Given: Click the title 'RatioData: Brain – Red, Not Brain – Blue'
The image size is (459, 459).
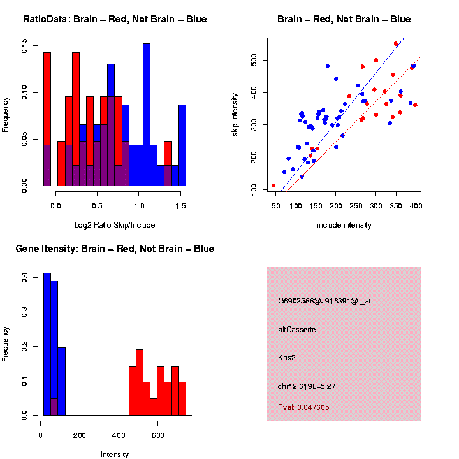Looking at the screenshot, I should pyautogui.click(x=115, y=19).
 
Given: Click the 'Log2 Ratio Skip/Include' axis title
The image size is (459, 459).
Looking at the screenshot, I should pyautogui.click(x=115, y=224).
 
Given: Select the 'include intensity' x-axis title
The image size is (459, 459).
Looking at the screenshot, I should pyautogui.click(x=344, y=225).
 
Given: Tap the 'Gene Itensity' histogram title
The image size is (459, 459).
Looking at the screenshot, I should pyautogui.click(x=115, y=249).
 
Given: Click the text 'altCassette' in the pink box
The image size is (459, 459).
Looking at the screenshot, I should pyautogui.click(x=297, y=330).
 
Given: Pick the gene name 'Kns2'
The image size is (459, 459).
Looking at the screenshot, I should pyautogui.click(x=287, y=358).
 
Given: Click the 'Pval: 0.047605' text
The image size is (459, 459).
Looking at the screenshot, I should pyautogui.click(x=304, y=407).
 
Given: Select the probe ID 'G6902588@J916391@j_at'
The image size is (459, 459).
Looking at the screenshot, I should pyautogui.click(x=324, y=301).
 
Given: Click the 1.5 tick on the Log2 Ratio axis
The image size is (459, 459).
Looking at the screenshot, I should pyautogui.click(x=180, y=205).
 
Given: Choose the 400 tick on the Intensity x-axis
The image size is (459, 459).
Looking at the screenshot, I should pyautogui.click(x=118, y=435).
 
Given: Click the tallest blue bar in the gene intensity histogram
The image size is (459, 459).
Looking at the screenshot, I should pyautogui.click(x=47, y=344).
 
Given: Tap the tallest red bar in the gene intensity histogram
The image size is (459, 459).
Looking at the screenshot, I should pyautogui.click(x=140, y=382).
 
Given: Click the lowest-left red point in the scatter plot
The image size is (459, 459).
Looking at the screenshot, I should pyautogui.click(x=273, y=186).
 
